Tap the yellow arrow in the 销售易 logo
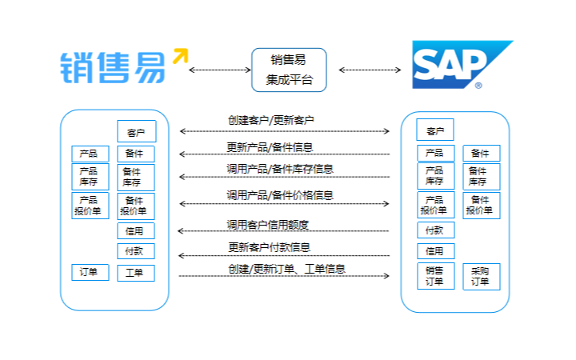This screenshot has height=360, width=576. [x=180, y=56]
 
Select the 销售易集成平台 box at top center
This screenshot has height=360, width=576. [x=288, y=70]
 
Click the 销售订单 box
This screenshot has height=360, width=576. [x=435, y=276]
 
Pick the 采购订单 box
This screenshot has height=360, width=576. [x=481, y=276]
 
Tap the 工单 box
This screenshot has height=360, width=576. [x=135, y=273]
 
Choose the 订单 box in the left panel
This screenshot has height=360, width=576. [x=90, y=272]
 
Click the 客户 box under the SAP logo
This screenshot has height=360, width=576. [x=435, y=130]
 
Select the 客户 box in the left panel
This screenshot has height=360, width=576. [x=136, y=131]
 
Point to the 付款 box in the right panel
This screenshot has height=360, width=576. [x=435, y=230]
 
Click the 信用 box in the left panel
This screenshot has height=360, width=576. [x=135, y=231]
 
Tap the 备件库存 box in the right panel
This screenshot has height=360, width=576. [x=481, y=176]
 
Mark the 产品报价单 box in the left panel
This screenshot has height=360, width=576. [x=90, y=206]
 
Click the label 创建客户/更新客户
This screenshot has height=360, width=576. [x=271, y=121]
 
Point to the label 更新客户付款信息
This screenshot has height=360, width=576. [x=270, y=247]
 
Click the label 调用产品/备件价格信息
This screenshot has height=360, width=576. [x=280, y=194]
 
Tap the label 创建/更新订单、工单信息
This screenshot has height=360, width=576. [x=286, y=269]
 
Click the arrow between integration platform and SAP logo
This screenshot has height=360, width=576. [x=370, y=70]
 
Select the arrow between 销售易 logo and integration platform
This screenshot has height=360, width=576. [x=219, y=70]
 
